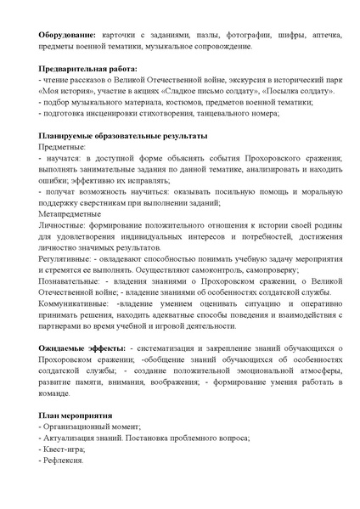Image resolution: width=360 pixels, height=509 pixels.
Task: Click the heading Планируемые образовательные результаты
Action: (x=123, y=137)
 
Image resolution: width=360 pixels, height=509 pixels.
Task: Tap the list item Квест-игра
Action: (x=65, y=449)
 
